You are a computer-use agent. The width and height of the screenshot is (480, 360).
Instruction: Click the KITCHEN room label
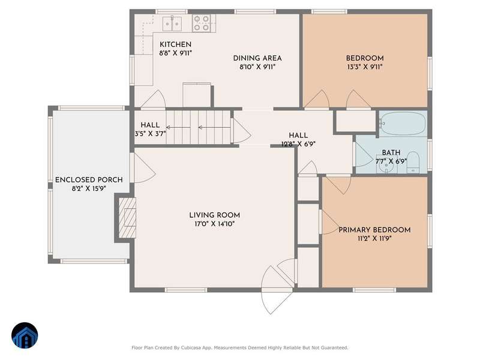coord(175,44)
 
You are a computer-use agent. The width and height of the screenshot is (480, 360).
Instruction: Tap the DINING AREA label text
coord(257,58)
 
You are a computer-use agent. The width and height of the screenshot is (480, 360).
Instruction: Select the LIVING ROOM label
coord(215,215)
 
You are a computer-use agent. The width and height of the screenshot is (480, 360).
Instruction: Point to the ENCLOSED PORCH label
coord(89,179)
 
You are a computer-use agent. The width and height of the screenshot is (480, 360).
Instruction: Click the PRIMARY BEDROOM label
coord(374,230)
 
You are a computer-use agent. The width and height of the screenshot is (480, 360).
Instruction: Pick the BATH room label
coord(391,152)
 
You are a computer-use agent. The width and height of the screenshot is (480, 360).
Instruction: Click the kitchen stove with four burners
coord(202,23)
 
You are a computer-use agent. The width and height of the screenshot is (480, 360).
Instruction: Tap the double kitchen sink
coord(172,23)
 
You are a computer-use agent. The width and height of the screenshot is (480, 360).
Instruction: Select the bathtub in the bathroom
coord(403,124)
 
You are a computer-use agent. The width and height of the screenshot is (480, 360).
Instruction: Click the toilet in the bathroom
coord(413,162)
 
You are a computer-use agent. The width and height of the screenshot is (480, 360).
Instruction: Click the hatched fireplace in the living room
coord(127,218)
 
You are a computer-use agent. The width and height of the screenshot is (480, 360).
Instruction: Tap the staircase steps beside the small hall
coord(199,127)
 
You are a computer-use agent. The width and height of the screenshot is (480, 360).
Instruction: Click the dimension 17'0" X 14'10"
coord(215,224)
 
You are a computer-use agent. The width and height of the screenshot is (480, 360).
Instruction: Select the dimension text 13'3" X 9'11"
coord(365,67)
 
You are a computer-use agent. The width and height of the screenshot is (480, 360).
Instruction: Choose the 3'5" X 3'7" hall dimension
coord(150,133)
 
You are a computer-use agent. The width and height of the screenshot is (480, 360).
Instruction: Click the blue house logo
coord(25,335)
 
